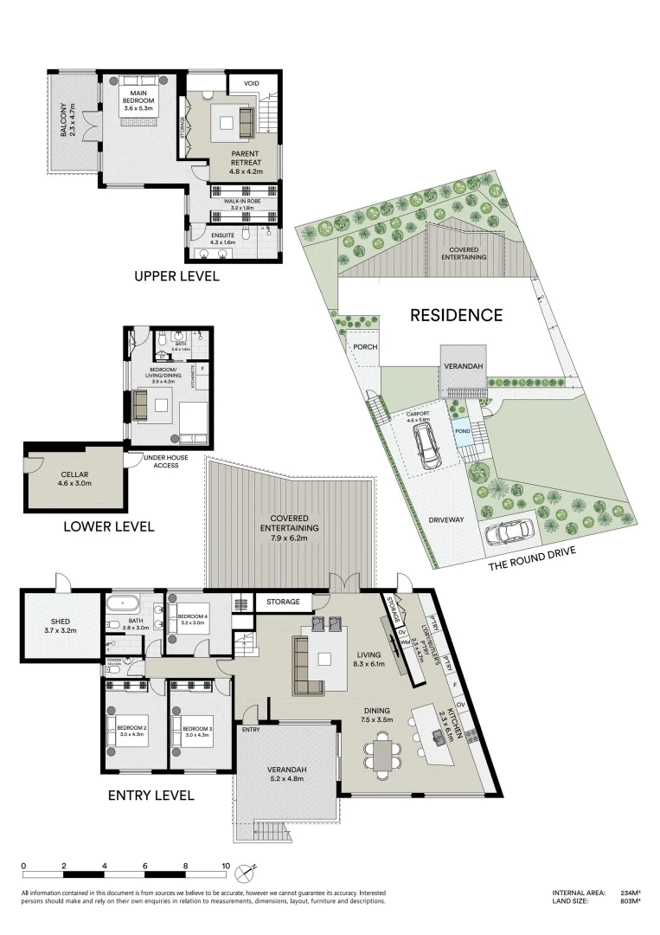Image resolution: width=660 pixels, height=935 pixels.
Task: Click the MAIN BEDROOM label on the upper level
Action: [x=139, y=100]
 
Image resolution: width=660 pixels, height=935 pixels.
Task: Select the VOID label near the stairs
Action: [x=252, y=83]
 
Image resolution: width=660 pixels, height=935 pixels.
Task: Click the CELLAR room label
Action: [x=74, y=480]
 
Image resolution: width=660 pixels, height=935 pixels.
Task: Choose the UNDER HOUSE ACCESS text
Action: [x=162, y=462]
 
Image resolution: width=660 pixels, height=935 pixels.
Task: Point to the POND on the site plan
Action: [x=463, y=430]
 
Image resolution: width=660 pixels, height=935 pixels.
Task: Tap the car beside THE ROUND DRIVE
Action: [x=509, y=532]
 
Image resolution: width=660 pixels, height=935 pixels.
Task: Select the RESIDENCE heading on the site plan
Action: [x=455, y=315]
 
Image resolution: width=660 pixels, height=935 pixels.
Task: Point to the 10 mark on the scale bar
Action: [x=226, y=865]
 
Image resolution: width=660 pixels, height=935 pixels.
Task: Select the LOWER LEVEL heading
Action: [x=108, y=526]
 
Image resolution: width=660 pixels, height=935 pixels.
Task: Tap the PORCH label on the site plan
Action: [x=362, y=347]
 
